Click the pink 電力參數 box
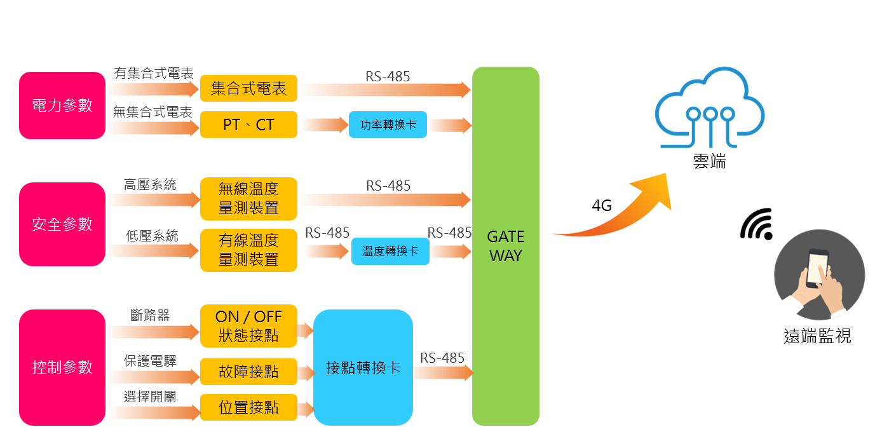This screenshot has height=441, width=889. pyautogui.click(x=62, y=105)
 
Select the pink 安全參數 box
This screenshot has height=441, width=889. pyautogui.click(x=62, y=224)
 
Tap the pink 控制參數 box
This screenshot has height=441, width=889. pyautogui.click(x=62, y=367)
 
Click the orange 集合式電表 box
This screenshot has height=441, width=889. pyautogui.click(x=248, y=88)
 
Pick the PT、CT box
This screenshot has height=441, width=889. pyautogui.click(x=248, y=125)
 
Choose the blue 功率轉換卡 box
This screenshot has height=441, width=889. pyautogui.click(x=388, y=125)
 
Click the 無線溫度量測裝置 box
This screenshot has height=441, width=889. pyautogui.click(x=248, y=198)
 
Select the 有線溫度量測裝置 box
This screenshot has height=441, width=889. pyautogui.click(x=248, y=250)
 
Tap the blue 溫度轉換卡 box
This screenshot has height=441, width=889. pyautogui.click(x=390, y=252)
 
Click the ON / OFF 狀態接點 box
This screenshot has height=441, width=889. pyautogui.click(x=248, y=326)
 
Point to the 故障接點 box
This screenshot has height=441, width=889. pyautogui.click(x=248, y=372)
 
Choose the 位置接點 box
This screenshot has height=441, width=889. pyautogui.click(x=248, y=407)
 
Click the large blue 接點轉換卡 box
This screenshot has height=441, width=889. pyautogui.click(x=363, y=367)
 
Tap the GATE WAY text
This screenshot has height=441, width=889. pyautogui.click(x=506, y=247)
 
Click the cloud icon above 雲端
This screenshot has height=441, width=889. pyautogui.click(x=710, y=108)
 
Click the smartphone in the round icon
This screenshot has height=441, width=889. pyautogui.click(x=817, y=269)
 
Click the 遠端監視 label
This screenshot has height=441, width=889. pyautogui.click(x=817, y=336)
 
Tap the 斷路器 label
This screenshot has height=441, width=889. pyautogui.click(x=150, y=315)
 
